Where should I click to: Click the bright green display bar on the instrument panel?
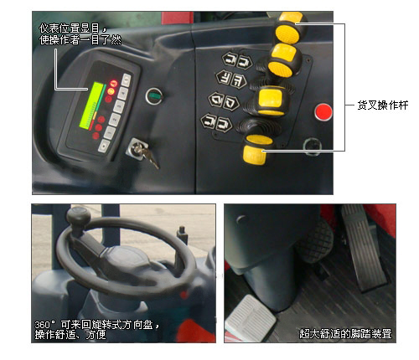(91, 105)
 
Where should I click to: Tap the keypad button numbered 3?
(119, 106)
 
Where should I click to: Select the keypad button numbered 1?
(109, 132)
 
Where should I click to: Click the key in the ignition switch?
(147, 156)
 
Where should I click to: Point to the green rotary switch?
(154, 96)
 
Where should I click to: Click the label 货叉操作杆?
(383, 105)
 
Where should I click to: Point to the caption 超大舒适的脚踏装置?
(345, 334)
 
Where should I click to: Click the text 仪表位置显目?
(69, 28)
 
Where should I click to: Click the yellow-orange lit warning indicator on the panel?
(111, 91)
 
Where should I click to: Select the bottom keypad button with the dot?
(104, 146)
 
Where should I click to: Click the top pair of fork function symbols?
(236, 60)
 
